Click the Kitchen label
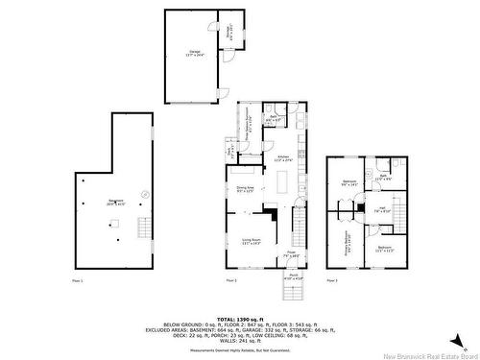point(283,157)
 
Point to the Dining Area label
point(245,189)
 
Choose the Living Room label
point(252,243)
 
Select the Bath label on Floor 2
point(274,118)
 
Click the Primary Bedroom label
point(343,235)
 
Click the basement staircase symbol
point(145,228)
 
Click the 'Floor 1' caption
point(78,280)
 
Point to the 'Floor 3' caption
point(331,280)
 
